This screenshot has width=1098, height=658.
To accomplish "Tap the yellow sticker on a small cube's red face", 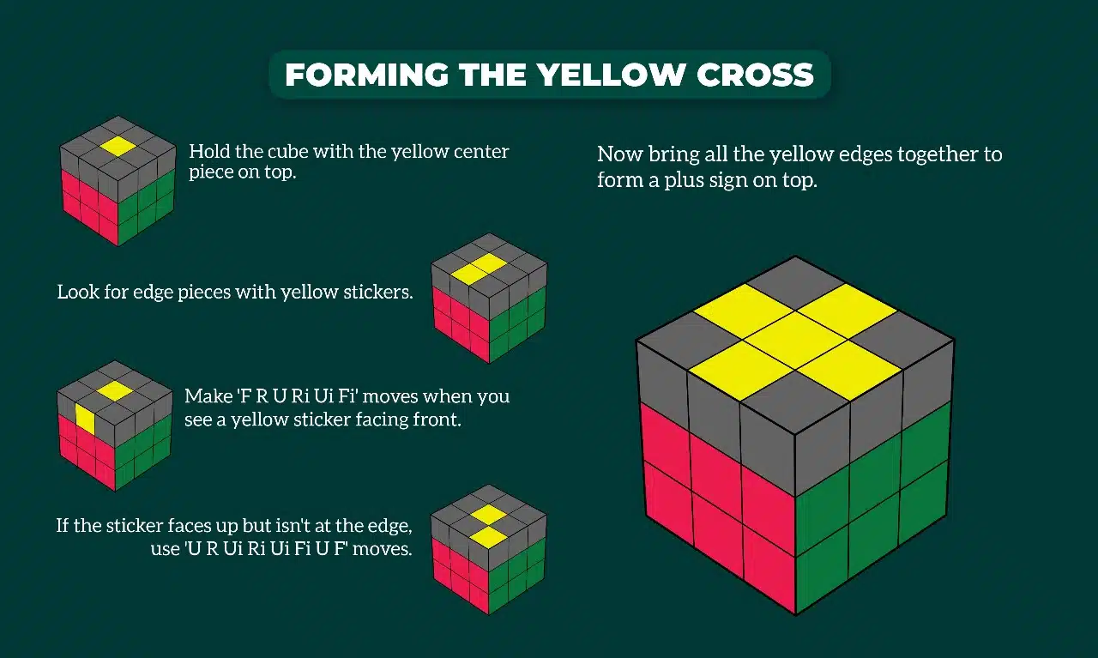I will [x=85, y=418].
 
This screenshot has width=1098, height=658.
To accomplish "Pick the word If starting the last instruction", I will [x=63, y=525].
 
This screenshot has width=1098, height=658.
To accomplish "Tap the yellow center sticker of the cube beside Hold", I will [x=118, y=146].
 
